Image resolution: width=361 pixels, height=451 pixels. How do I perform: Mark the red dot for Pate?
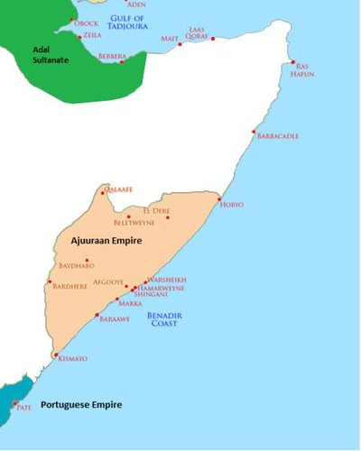click(14, 403)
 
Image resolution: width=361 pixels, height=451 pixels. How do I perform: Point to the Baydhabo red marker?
click(87, 260)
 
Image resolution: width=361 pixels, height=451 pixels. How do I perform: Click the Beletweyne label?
click(134, 222)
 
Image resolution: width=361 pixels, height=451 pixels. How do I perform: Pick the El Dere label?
click(170, 211)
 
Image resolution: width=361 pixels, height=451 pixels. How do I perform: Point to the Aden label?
click(135, 5)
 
